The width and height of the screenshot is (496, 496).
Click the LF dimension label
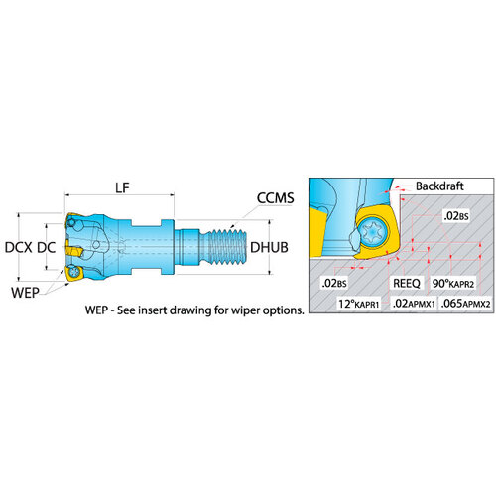click(x=122, y=187)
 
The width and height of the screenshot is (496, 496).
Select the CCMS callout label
click(x=275, y=198)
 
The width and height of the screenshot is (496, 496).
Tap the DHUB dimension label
click(x=269, y=247)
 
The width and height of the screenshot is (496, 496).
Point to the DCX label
click(x=19, y=247)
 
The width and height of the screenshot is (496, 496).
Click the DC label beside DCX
click(x=46, y=247)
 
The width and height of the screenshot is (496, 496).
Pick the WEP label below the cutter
click(x=25, y=293)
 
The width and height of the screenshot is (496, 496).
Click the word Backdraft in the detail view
click(x=439, y=186)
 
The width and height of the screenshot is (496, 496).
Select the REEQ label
click(x=407, y=283)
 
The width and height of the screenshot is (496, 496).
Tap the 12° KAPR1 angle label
click(x=358, y=303)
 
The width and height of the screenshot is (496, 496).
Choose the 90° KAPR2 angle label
click(x=453, y=284)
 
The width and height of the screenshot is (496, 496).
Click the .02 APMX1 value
click(x=414, y=303)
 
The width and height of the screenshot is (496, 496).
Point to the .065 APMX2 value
click(x=465, y=303)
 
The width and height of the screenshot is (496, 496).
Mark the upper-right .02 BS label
click(x=456, y=216)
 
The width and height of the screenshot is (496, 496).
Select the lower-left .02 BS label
click(x=334, y=283)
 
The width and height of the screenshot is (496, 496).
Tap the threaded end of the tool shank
click(x=228, y=247)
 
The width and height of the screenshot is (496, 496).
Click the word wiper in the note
click(x=246, y=310)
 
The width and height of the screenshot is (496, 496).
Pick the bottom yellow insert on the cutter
click(x=74, y=273)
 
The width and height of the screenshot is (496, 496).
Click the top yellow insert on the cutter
click(x=72, y=220)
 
